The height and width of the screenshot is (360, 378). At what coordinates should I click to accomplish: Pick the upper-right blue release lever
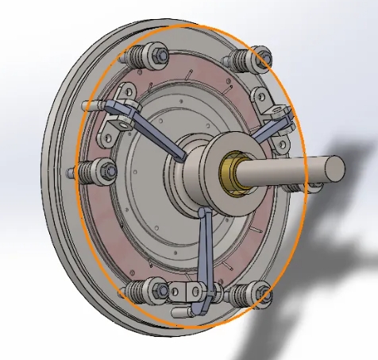pyautogui.click(x=270, y=131)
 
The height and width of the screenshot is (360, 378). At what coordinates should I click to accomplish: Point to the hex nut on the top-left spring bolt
pyautogui.click(x=160, y=57)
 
